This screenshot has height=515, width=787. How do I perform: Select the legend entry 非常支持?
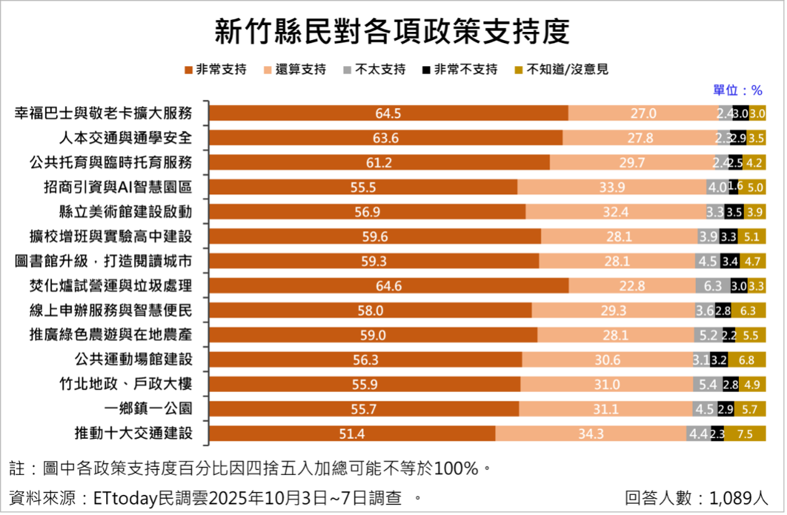(215, 69)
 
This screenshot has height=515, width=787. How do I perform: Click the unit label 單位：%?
(738, 91)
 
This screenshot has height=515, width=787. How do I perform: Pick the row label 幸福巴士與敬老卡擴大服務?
(103, 113)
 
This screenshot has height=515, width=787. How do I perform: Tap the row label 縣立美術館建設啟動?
(118, 212)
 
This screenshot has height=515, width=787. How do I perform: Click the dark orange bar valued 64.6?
(388, 286)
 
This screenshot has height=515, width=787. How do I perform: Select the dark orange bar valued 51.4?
(351, 434)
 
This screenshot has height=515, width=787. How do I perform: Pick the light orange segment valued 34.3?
(590, 434)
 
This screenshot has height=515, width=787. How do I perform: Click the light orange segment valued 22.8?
(632, 286)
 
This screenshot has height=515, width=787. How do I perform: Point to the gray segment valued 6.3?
(713, 286)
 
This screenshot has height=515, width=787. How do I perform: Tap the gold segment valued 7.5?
(745, 434)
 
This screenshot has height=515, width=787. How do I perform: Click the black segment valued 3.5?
(734, 212)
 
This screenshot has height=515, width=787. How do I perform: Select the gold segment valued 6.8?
(746, 360)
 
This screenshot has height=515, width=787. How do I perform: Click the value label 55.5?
(363, 187)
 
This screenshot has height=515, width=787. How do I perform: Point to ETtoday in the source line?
(122, 498)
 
